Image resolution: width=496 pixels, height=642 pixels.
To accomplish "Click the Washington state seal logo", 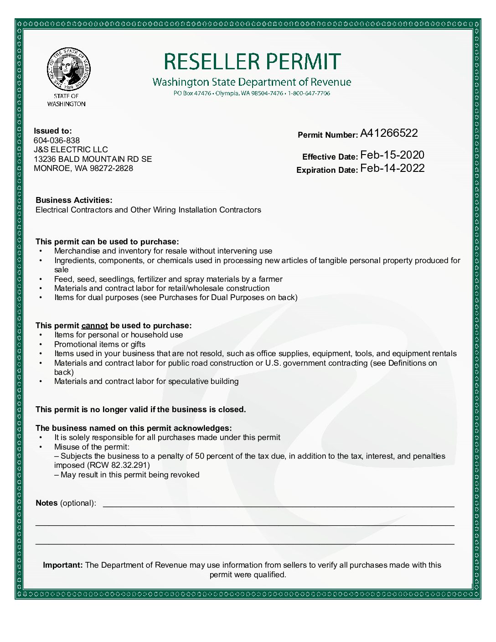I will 68,69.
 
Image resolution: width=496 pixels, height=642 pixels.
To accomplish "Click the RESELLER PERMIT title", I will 252,62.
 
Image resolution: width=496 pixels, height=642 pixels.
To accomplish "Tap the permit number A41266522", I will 389,133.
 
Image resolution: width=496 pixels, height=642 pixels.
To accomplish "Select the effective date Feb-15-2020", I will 392,155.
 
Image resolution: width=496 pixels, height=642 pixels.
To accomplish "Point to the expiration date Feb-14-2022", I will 392,168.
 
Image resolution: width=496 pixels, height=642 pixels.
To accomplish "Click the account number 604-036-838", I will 57,140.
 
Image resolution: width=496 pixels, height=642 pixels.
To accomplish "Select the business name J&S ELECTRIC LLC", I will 71,150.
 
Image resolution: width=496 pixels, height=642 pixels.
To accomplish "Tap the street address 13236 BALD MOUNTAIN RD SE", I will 93,159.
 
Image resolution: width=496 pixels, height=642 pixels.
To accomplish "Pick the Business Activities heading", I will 74,200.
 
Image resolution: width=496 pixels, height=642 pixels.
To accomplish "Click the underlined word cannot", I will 94,326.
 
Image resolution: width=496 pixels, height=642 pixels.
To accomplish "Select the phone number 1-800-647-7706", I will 309,93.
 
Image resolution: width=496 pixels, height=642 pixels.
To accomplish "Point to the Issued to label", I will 52,131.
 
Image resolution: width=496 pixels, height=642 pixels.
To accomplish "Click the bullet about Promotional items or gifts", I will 99,344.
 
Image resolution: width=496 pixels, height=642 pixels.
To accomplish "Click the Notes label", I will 46,503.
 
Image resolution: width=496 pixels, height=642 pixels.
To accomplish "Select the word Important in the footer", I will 62,565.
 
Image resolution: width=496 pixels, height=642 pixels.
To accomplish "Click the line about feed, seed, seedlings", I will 168,279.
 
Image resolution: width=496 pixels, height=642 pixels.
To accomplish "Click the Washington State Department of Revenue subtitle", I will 252,82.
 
